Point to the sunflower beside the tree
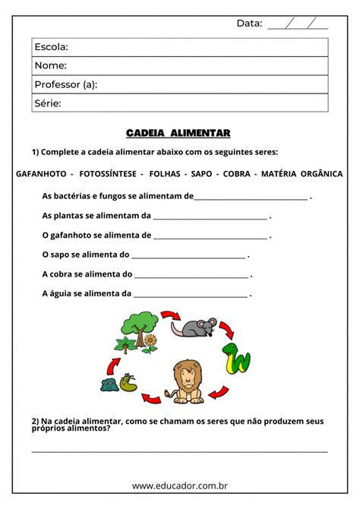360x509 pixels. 150,343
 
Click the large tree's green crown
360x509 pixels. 137,323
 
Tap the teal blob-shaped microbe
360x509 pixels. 109,384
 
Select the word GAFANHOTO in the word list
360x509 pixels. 39,174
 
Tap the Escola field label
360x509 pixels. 51,47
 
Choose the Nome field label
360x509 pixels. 50,66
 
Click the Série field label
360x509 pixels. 48,103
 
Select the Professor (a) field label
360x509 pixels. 66,84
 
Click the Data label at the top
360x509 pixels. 249,24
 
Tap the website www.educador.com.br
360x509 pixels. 180,485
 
